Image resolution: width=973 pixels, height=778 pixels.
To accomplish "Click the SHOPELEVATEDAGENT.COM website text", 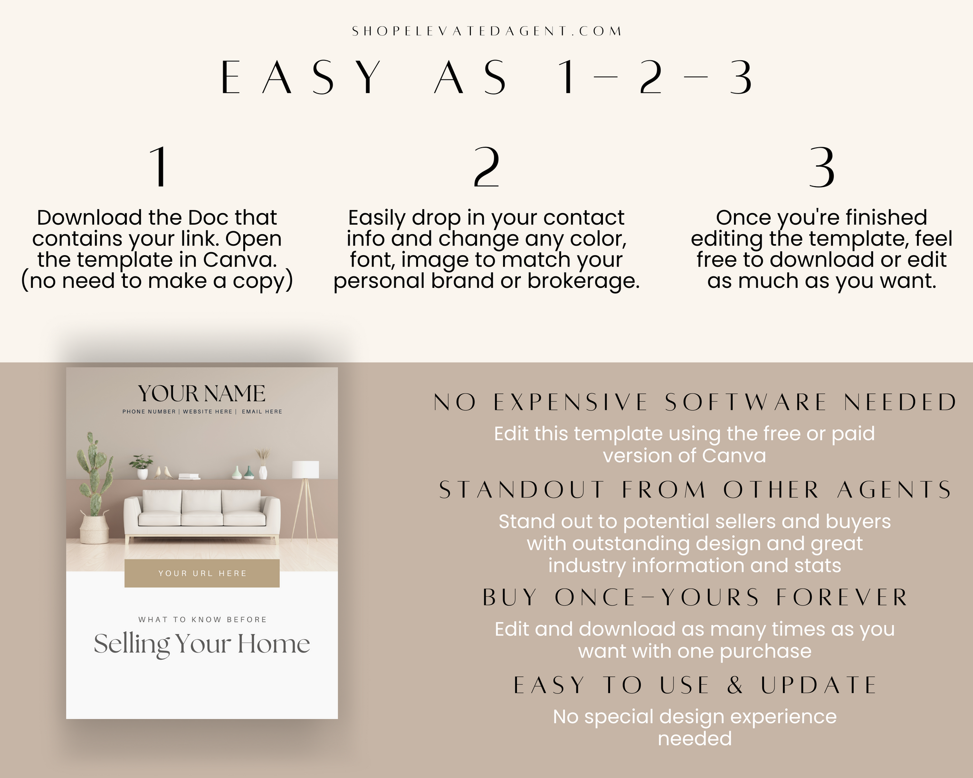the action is [x=486, y=31].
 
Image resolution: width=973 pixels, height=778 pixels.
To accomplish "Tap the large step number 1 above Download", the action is [x=159, y=167].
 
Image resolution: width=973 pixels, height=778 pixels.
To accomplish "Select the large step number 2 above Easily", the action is [x=486, y=167].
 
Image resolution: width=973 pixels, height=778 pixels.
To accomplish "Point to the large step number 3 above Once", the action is [x=821, y=167].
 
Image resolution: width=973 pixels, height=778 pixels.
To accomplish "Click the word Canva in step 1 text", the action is [x=240, y=260].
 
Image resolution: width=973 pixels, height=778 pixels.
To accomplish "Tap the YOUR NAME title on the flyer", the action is [x=202, y=394].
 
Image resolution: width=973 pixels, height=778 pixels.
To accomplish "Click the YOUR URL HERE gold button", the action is [x=202, y=573].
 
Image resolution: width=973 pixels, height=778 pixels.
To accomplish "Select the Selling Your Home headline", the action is [x=202, y=645].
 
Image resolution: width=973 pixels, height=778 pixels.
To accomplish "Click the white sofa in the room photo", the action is [x=202, y=517].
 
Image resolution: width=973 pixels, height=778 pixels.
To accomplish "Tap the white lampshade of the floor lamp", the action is [x=305, y=469].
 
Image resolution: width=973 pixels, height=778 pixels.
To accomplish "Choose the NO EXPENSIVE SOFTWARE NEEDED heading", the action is [x=695, y=402].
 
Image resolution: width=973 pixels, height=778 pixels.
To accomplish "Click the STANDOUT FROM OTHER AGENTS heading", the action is [x=695, y=490].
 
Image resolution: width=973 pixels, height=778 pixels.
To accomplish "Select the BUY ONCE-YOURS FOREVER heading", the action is [x=695, y=598].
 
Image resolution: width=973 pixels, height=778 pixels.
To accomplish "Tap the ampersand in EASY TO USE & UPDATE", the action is [x=735, y=685].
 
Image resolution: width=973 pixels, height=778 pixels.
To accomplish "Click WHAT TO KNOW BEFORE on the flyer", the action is [x=202, y=619].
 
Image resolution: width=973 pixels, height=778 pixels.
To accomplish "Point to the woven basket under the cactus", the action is [x=94, y=528].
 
